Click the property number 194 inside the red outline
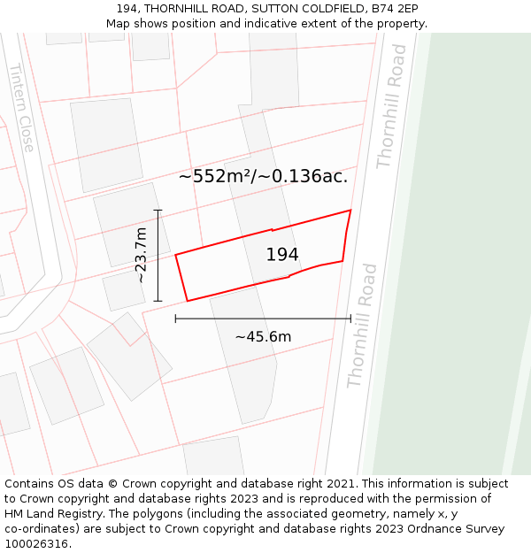(282, 255)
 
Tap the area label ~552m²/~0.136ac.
(263, 176)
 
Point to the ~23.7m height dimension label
(141, 255)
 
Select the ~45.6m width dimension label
(263, 336)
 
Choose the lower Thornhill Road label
(362, 326)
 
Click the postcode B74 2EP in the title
(394, 8)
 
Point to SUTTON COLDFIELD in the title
(305, 8)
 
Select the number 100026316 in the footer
(37, 544)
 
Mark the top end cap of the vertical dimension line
(158, 210)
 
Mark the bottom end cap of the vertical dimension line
(158, 302)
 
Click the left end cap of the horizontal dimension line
(175, 319)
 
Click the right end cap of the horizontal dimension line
(350, 319)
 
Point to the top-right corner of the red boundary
(350, 211)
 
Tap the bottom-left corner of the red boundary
(187, 301)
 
